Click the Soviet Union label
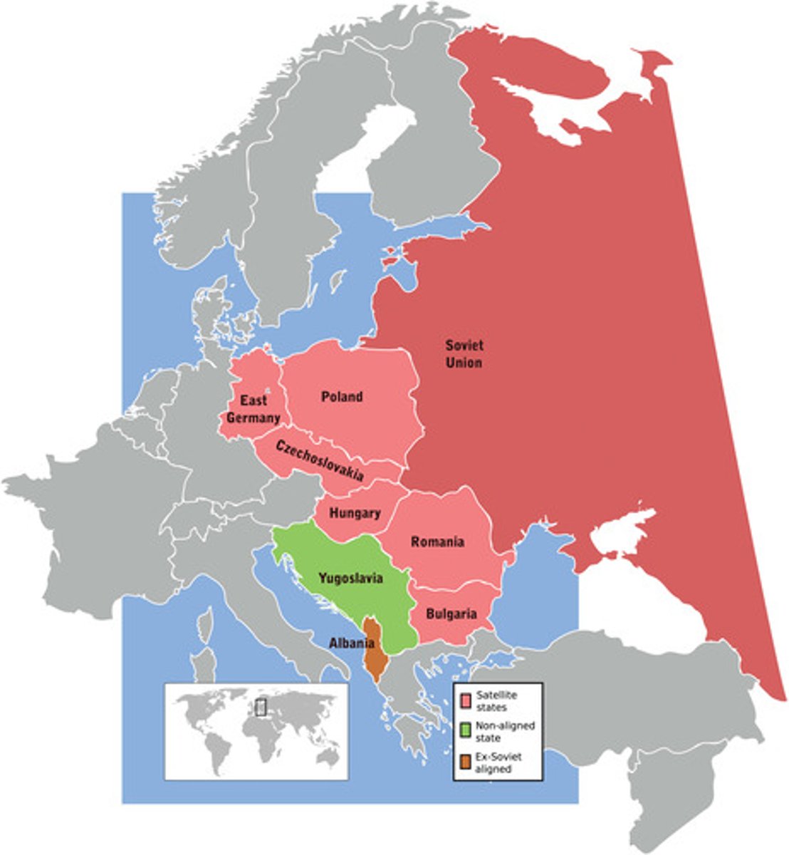point(464,354)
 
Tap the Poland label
point(341,397)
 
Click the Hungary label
point(354,513)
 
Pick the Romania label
point(437,542)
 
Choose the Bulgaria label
point(451,613)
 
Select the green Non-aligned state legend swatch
point(466,730)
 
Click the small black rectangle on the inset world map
point(261,708)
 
